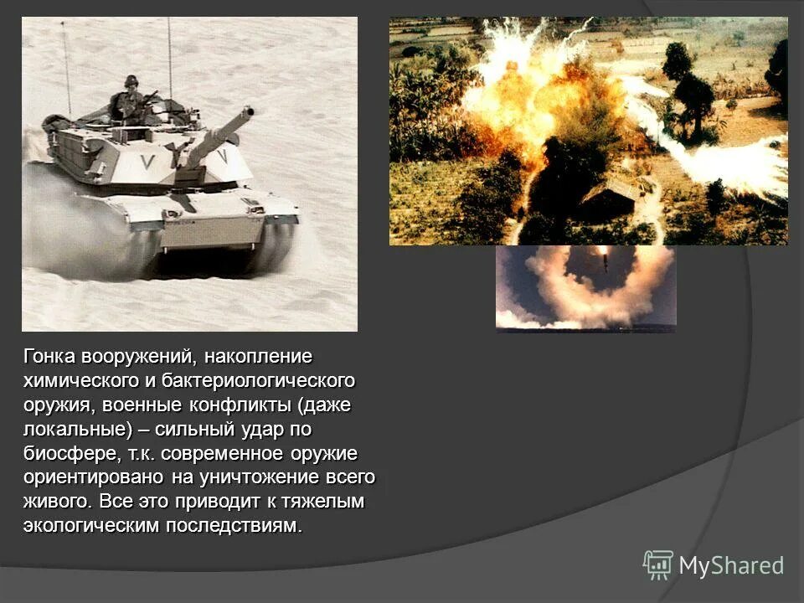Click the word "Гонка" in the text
point(49,357)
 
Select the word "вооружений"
point(139,357)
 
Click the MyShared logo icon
point(658,564)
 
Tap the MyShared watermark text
point(731,565)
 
